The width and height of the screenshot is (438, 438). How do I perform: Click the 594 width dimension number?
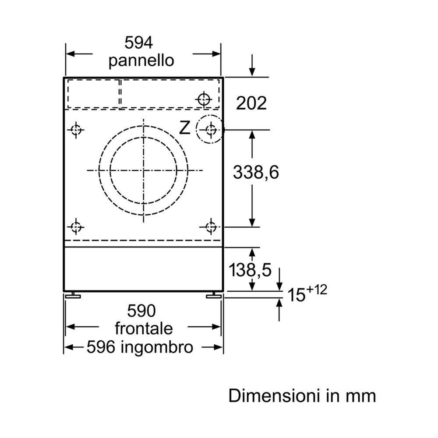pos(138,43)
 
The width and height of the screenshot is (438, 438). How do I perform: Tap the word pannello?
pos(141,60)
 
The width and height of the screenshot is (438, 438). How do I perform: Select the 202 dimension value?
pos(251,103)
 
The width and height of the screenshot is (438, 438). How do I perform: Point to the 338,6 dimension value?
pos(256,172)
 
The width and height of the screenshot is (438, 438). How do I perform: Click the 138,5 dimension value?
pos(250,270)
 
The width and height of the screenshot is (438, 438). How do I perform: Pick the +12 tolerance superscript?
pos(317,290)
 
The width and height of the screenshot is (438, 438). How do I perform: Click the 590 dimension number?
pos(141,311)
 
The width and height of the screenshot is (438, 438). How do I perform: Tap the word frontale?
pos(144,328)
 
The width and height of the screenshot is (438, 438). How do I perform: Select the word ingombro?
pos(157,348)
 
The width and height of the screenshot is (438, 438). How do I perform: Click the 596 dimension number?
pos(101,347)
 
